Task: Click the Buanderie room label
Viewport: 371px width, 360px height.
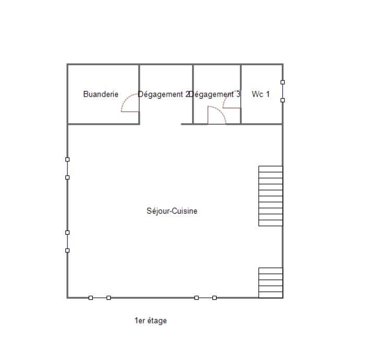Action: pos(101,94)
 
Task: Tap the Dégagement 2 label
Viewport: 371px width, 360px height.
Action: pos(164,95)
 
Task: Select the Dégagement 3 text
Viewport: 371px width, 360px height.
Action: pos(214,95)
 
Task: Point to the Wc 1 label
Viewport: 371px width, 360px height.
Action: pos(260,94)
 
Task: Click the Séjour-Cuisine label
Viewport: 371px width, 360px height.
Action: pos(172,211)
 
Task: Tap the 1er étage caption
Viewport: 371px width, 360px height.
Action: pos(151,321)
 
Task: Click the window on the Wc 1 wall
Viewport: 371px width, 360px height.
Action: pos(282,91)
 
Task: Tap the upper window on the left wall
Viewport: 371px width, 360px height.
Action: pos(67,169)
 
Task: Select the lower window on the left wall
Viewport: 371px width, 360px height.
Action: pos(67,241)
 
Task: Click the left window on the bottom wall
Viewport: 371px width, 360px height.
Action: pos(100,298)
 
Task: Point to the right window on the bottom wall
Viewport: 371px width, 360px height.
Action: pos(206,298)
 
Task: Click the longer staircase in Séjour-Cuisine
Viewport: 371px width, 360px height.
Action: pos(270,196)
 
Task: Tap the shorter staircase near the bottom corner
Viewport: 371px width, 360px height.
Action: pos(270,283)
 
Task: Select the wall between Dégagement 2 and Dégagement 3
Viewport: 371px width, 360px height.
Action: pos(193,94)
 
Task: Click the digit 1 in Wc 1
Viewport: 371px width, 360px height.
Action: pos(268,94)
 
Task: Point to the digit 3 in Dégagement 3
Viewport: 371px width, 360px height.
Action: pos(238,94)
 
